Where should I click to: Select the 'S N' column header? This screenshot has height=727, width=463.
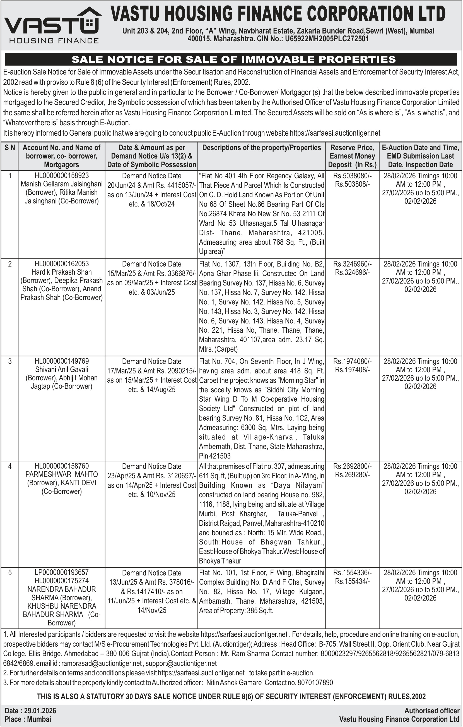pyautogui.click(x=10, y=148)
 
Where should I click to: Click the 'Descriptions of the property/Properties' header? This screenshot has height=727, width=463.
pyautogui.click(x=261, y=148)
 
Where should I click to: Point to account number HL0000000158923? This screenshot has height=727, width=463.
pyautogui.click(x=62, y=176)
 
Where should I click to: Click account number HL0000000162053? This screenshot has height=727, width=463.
pyautogui.click(x=62, y=263)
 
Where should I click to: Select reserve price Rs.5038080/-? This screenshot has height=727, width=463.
pyautogui.click(x=352, y=176)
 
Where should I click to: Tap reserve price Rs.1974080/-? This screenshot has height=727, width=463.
pyautogui.click(x=352, y=361)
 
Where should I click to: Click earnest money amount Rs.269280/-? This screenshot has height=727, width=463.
pyautogui.click(x=352, y=475)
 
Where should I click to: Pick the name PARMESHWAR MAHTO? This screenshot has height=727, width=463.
pyautogui.click(x=62, y=474)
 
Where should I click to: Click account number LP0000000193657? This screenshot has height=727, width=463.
pyautogui.click(x=62, y=572)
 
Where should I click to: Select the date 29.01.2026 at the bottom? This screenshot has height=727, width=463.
pyautogui.click(x=40, y=711)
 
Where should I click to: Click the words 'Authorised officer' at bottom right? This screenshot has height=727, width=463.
pyautogui.click(x=431, y=711)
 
